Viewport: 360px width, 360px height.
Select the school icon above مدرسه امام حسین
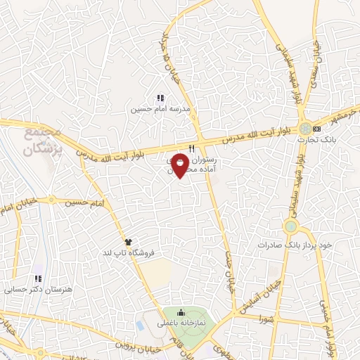160,98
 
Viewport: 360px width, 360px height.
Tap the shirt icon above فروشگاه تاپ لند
127,241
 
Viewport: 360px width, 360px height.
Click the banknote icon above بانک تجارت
316,129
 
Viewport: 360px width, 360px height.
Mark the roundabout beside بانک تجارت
303,129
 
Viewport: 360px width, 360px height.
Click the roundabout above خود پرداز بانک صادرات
291,226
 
